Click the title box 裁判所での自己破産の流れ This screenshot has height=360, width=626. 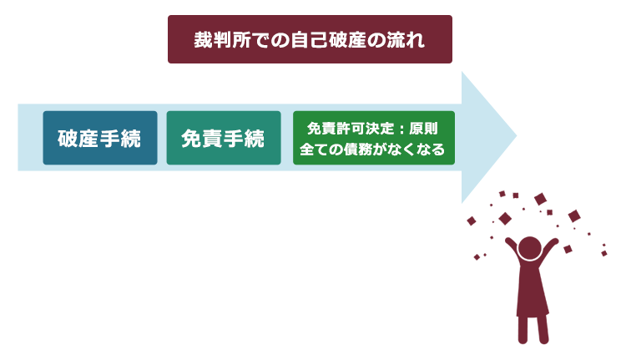point(310,39)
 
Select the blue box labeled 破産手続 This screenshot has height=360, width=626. point(100,138)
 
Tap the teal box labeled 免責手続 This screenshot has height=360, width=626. point(224,138)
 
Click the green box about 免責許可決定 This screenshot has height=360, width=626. point(374,138)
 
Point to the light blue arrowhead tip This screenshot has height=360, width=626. point(516,136)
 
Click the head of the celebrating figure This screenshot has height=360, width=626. point(530,249)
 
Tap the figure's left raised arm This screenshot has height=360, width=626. point(512,249)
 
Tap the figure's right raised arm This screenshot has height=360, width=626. point(548,249)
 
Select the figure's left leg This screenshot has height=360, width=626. point(523,330)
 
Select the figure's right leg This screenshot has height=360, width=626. point(543,330)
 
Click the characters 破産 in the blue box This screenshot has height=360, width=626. point(78,139)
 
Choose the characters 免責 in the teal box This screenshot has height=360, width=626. point(202,139)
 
